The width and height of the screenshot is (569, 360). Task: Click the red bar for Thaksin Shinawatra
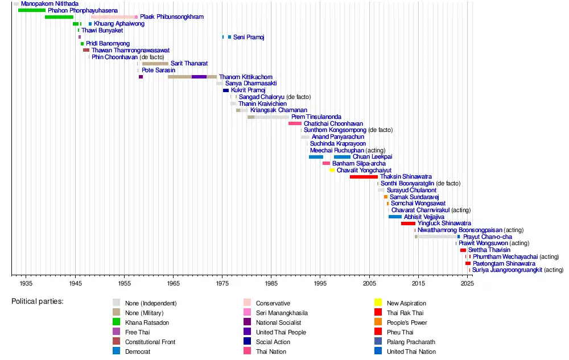pyautogui.click(x=364, y=177)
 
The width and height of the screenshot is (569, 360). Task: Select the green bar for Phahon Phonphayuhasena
pyautogui.click(x=32, y=10)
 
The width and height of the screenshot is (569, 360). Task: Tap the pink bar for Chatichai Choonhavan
pyautogui.click(x=295, y=123)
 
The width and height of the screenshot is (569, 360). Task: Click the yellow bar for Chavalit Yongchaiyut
pyautogui.click(x=332, y=170)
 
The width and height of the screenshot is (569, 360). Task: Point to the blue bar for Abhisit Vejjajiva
pyautogui.click(x=395, y=217)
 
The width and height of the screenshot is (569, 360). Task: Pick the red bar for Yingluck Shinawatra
pyautogui.click(x=408, y=224)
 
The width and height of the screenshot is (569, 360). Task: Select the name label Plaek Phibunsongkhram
pyautogui.click(x=172, y=17)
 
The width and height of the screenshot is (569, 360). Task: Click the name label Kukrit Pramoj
pyautogui.click(x=248, y=90)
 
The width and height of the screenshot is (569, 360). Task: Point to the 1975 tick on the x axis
pyautogui.click(x=222, y=275)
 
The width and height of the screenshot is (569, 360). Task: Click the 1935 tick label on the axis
pyautogui.click(x=26, y=283)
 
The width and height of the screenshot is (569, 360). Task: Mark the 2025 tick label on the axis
pyautogui.click(x=467, y=283)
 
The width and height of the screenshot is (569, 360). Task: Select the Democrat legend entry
pyautogui.click(x=140, y=351)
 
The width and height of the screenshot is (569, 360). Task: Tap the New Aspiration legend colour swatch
pyautogui.click(x=378, y=303)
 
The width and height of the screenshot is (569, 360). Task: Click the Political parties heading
pyautogui.click(x=38, y=301)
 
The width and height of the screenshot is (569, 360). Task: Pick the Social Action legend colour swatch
pyautogui.click(x=247, y=342)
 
